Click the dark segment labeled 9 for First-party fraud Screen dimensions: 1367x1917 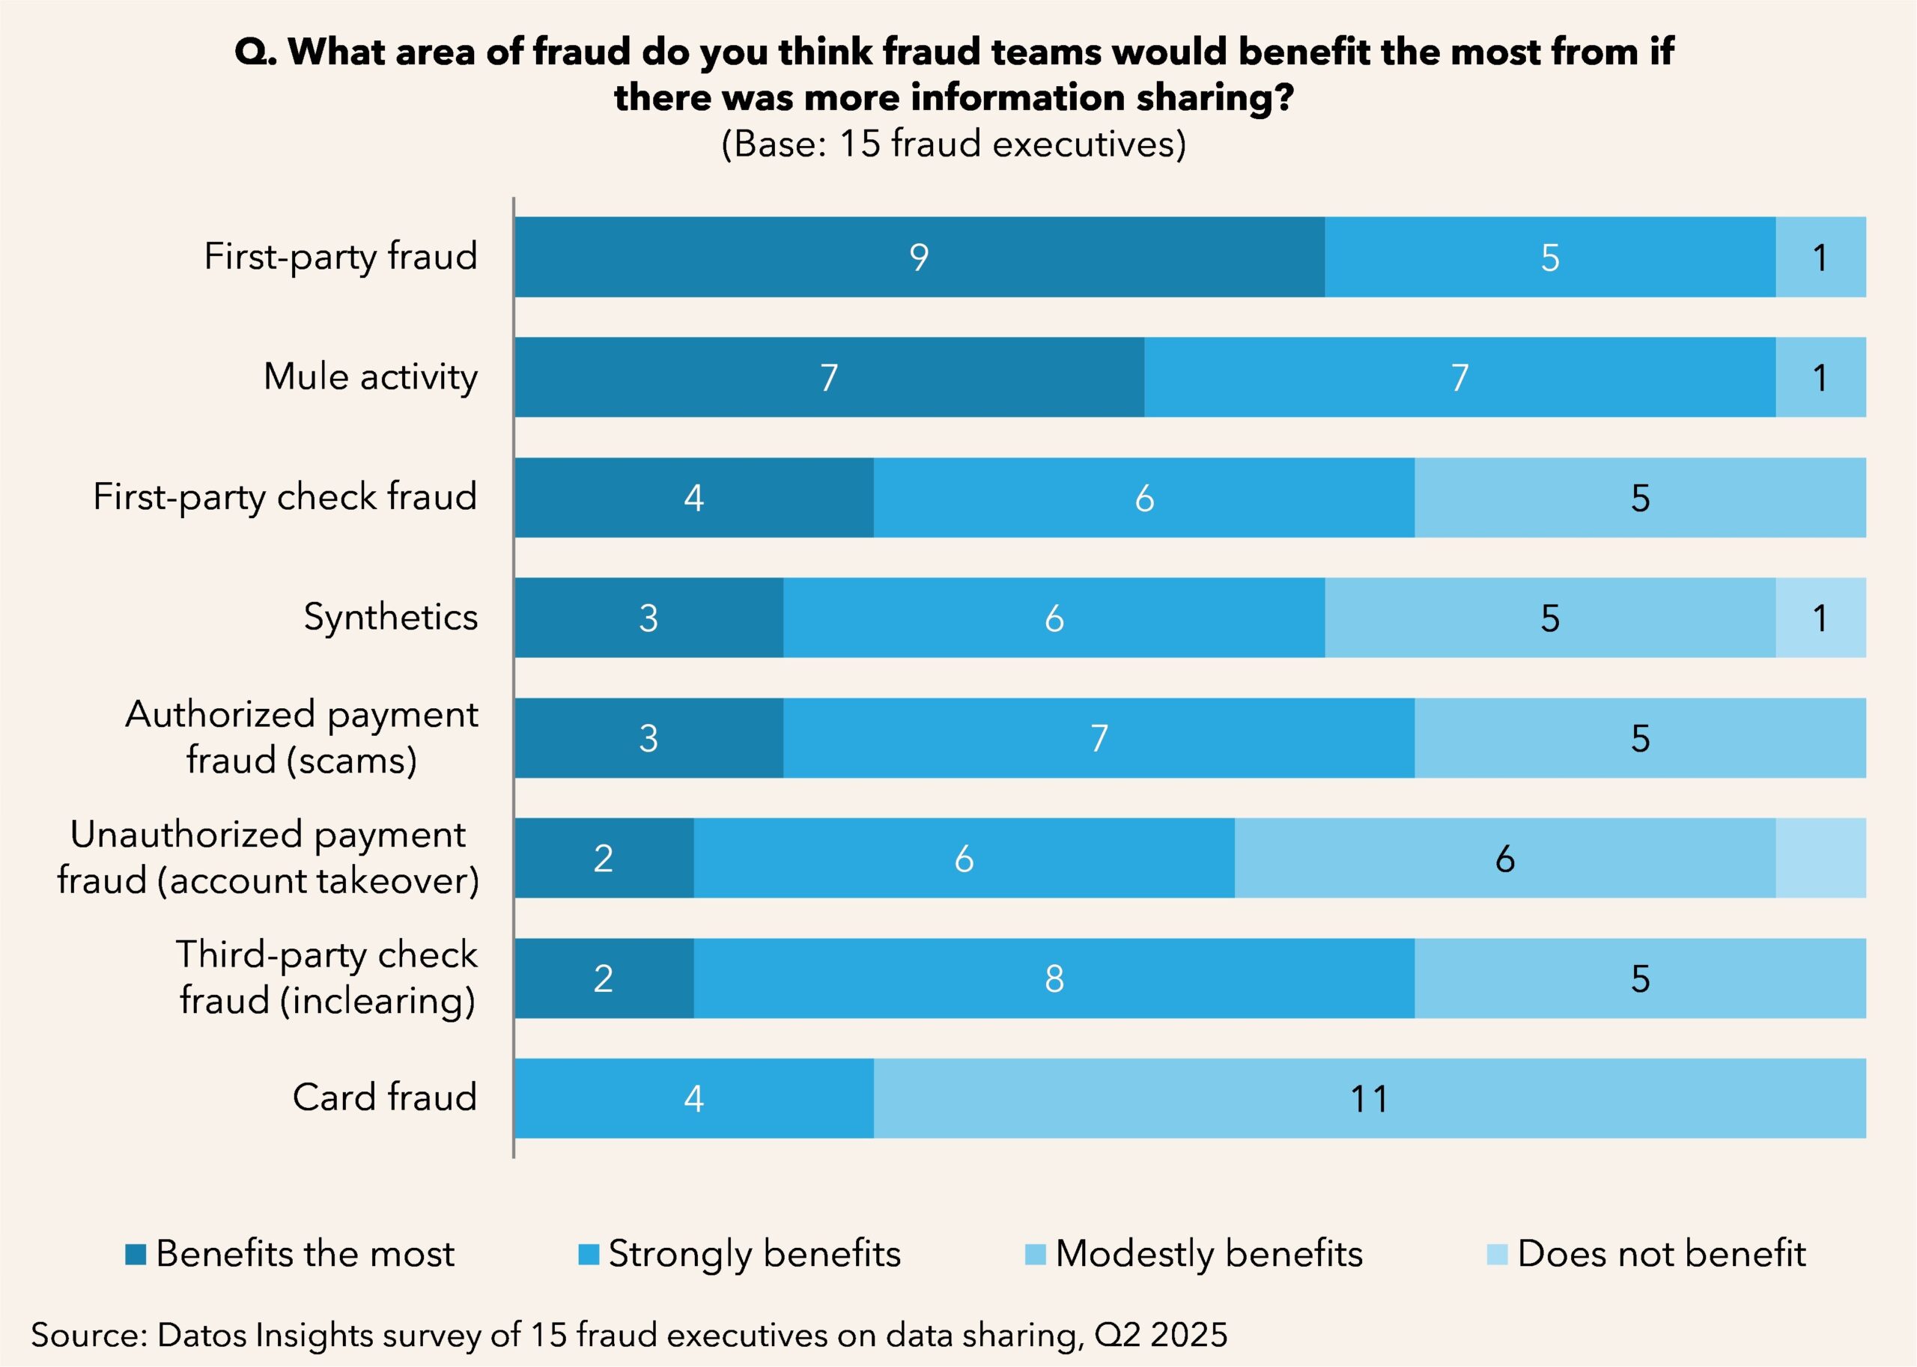point(920,257)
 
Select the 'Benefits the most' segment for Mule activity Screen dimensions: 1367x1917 point(829,377)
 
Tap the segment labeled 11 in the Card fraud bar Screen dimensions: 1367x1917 point(1369,1098)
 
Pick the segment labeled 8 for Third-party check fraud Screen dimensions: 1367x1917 point(1054,978)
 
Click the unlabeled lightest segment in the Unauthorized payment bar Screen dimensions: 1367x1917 point(1820,858)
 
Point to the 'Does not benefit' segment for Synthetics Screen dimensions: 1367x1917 point(1820,618)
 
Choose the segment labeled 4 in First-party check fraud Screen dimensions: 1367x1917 point(693,498)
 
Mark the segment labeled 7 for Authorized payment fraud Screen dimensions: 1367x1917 point(1099,738)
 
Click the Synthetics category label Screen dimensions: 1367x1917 point(391,617)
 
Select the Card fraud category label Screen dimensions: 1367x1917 point(385,1097)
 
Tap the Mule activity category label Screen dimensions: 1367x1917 point(371,377)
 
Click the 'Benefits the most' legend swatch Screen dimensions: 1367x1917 point(136,1254)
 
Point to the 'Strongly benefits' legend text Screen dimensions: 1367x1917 point(754,1254)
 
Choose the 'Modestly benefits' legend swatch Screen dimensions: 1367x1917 point(1035,1254)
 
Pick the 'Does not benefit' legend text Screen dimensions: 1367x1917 point(1661,1254)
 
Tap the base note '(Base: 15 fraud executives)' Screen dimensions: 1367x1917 point(954,144)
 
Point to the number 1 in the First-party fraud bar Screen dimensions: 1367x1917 point(1820,258)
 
